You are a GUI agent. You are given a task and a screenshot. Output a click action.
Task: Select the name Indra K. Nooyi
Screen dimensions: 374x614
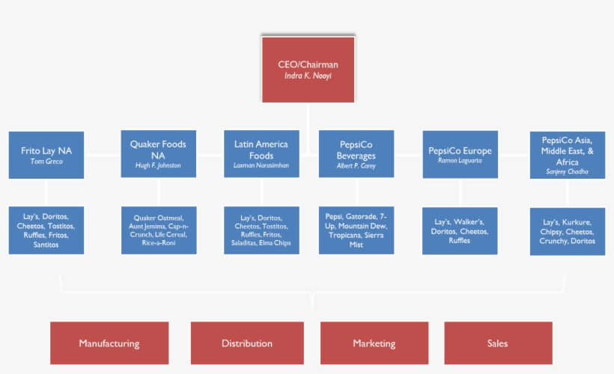tap(308, 76)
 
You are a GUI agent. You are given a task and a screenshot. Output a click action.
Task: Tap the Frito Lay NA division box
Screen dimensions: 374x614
tap(46, 155)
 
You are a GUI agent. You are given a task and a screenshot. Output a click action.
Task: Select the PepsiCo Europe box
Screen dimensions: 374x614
tap(460, 154)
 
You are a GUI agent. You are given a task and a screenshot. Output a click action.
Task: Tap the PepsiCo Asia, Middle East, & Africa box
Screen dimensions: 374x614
tap(567, 155)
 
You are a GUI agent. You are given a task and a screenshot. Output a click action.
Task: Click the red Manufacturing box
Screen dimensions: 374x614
tap(109, 343)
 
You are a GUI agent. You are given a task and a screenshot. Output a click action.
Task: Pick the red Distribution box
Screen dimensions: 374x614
tap(247, 343)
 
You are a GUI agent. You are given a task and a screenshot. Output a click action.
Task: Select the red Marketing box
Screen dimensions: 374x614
tap(374, 343)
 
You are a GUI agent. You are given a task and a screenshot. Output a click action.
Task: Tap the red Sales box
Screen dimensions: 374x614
tap(497, 343)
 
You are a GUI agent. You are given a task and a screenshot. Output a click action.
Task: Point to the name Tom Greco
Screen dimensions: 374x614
tap(46, 162)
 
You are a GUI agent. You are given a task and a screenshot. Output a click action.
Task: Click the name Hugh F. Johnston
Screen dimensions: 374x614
tap(158, 165)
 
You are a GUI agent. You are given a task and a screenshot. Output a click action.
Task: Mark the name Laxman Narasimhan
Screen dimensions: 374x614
tap(261, 165)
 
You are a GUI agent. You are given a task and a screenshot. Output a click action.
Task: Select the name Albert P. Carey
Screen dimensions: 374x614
tap(356, 165)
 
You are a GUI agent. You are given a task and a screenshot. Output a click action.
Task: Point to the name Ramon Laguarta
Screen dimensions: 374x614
tap(460, 161)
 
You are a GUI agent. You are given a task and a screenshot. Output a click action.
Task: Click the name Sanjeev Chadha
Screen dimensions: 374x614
tap(567, 171)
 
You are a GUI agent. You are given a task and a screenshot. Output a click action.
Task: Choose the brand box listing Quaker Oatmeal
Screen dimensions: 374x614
tap(159, 230)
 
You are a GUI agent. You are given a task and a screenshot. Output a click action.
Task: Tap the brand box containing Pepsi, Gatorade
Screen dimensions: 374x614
tap(356, 230)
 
